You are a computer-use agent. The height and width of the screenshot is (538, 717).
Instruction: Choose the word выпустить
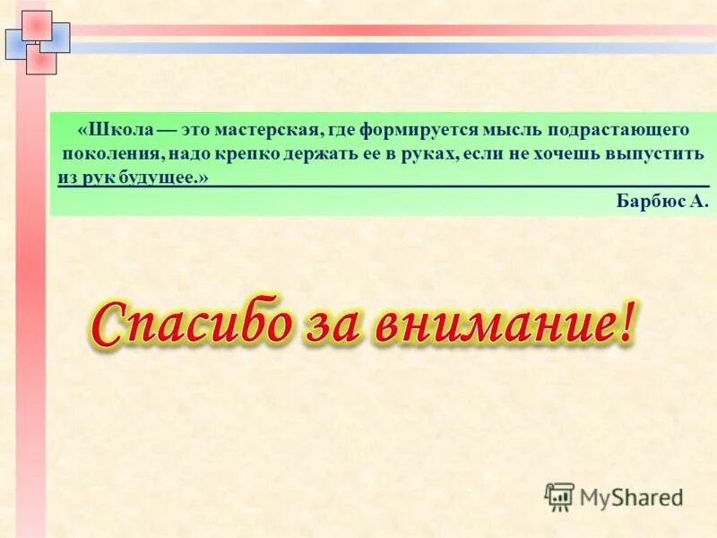click(654, 154)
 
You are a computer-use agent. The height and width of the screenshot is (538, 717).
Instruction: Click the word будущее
click(165, 178)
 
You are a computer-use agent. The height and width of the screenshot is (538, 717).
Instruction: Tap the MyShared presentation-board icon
click(559, 496)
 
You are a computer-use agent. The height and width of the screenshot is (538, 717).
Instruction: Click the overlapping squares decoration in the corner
click(38, 41)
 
